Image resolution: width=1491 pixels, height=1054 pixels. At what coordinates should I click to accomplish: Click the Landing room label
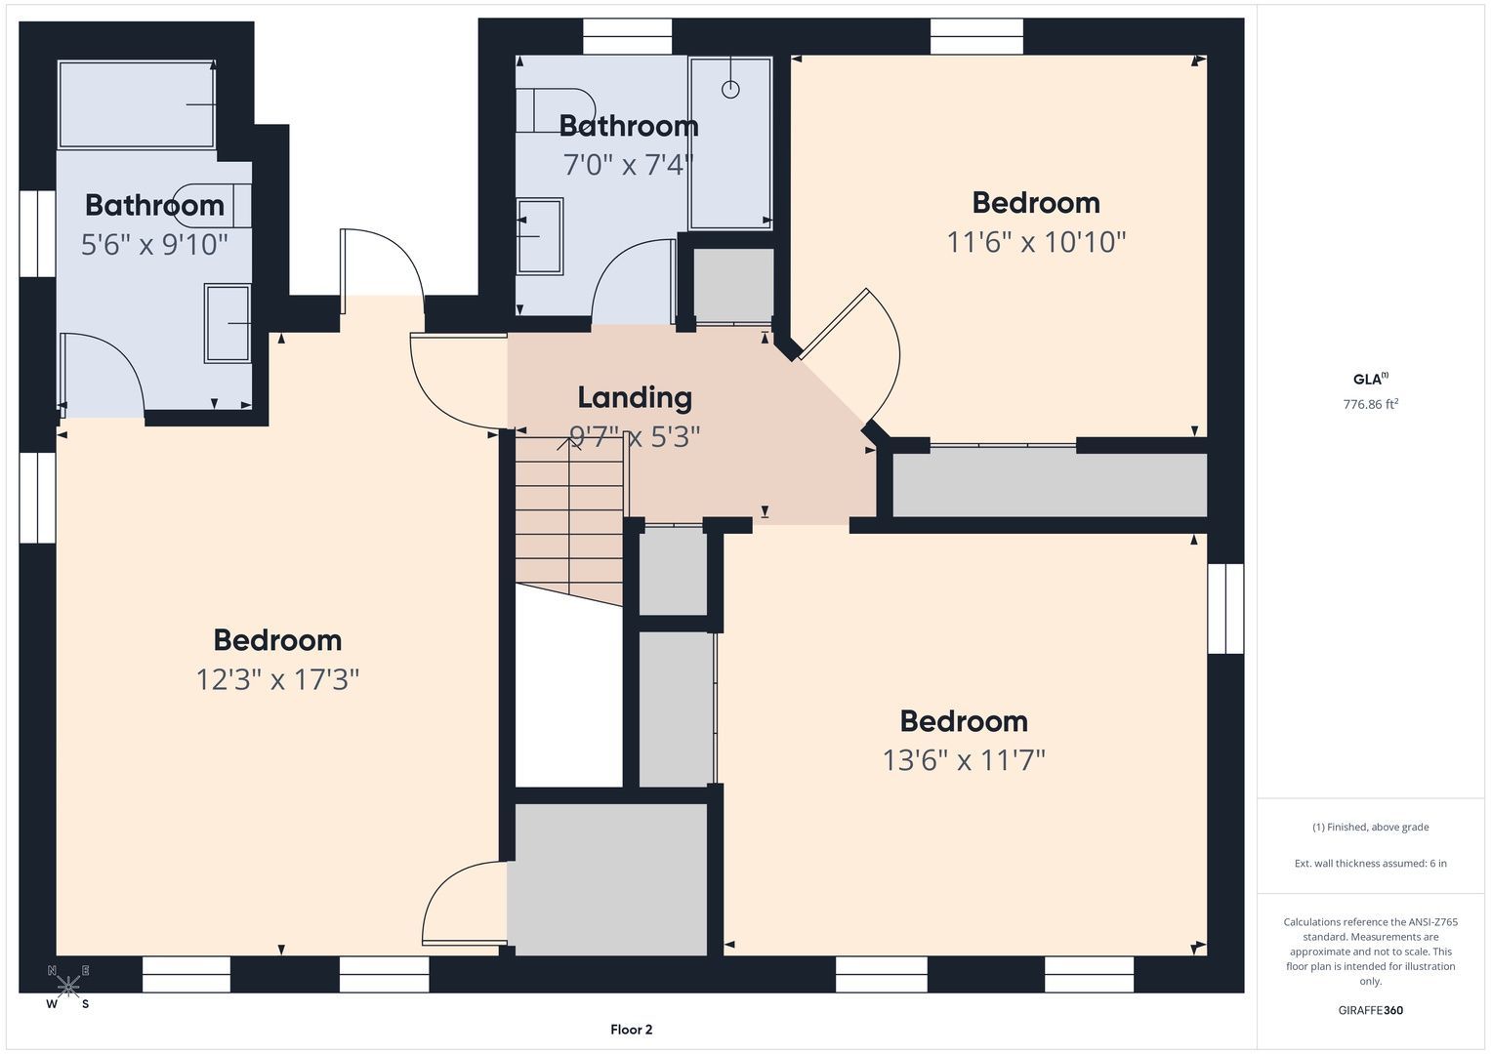[635, 397]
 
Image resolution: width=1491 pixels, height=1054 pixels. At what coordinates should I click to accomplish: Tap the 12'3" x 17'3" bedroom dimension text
[277, 679]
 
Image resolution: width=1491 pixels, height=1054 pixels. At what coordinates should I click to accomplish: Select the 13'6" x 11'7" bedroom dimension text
[964, 760]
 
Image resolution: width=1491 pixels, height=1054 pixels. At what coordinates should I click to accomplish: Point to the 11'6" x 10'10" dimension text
[1036, 242]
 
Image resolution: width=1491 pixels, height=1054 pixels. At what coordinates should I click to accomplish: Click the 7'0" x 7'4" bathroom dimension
[629, 164]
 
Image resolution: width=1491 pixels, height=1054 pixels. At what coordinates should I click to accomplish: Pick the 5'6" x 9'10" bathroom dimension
[154, 244]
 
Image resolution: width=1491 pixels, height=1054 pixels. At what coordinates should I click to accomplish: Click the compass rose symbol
[68, 986]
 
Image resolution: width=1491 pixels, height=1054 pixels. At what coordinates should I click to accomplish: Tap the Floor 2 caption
[631, 1030]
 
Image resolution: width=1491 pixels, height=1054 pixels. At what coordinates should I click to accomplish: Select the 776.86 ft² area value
[1371, 404]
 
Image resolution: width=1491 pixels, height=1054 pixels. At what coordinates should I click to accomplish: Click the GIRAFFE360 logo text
[1371, 1010]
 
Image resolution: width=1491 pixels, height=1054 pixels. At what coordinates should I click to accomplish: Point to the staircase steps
[570, 520]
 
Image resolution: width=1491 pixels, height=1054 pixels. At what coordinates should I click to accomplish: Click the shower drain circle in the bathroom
[730, 89]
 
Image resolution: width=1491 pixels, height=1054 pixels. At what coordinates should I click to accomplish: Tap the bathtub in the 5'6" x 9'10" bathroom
[137, 104]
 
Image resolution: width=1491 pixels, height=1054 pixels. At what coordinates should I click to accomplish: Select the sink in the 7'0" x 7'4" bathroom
[540, 236]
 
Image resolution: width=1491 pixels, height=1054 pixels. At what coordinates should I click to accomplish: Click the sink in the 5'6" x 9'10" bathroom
[228, 323]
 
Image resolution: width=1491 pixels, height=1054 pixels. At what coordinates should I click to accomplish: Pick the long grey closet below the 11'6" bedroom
[1050, 484]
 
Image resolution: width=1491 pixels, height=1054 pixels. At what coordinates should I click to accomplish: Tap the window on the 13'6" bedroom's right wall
[1225, 609]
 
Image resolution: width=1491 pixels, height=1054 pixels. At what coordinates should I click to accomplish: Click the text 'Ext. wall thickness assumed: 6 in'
[1371, 863]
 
